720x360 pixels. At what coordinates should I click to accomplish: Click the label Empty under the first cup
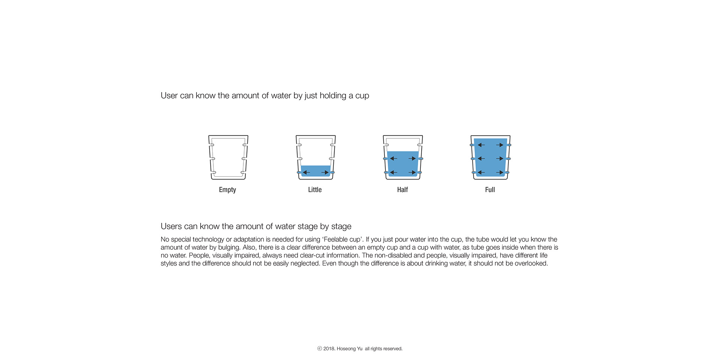tap(227, 190)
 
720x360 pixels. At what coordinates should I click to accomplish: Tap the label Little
tap(315, 190)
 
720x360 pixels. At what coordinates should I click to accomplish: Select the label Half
tap(402, 190)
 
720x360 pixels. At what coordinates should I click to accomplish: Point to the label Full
tap(490, 190)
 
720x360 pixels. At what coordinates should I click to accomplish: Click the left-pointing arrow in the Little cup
tap(306, 172)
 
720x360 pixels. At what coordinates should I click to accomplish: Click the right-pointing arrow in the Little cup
tap(325, 172)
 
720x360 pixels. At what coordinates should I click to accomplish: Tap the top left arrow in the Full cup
tap(481, 145)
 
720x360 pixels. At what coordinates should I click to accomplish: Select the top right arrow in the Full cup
tap(499, 145)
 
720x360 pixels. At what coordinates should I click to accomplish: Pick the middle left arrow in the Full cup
tap(481, 159)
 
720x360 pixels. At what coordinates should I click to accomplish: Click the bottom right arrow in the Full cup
tap(499, 172)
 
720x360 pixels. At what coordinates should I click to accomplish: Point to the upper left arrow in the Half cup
tap(393, 159)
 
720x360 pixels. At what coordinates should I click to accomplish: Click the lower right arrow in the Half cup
tap(412, 172)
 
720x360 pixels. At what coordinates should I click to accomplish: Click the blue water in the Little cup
tap(315, 168)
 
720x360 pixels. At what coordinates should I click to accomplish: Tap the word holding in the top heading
tap(333, 96)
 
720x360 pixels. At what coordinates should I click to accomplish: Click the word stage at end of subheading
tap(341, 226)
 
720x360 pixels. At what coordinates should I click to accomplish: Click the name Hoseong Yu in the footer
tap(349, 349)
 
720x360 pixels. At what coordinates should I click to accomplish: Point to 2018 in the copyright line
tap(329, 349)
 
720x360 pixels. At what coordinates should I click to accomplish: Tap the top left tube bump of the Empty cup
tap(212, 145)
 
